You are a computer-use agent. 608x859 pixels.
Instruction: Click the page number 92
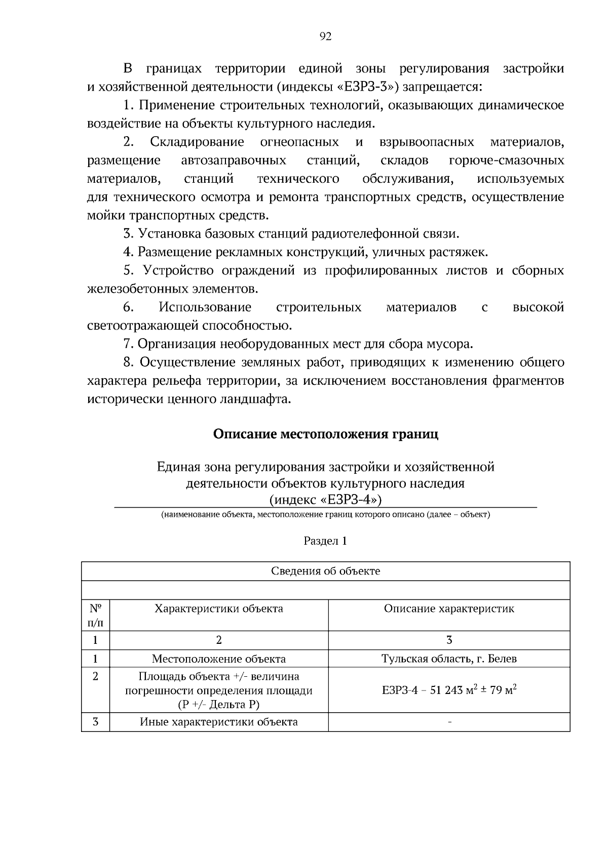point(325,36)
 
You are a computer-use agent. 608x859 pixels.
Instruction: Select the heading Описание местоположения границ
point(325,434)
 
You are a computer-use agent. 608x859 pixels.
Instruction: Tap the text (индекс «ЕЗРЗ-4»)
point(325,500)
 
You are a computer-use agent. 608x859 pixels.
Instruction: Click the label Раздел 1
point(325,541)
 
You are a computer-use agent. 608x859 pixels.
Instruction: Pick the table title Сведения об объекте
point(325,571)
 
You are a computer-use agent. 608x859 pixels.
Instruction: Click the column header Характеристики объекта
point(219,608)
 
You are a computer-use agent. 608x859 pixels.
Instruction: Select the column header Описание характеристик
point(449,608)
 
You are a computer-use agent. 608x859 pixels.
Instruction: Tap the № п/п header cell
point(95,615)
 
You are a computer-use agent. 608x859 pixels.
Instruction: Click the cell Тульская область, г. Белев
point(449,659)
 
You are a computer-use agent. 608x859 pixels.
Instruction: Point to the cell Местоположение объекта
point(219,659)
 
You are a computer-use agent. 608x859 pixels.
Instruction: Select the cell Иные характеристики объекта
point(219,722)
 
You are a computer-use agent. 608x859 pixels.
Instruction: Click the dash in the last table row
point(449,722)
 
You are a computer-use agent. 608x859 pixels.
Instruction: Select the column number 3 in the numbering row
point(449,640)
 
